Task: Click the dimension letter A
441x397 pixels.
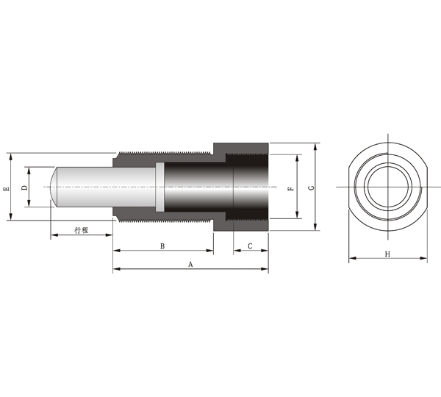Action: pos(190,265)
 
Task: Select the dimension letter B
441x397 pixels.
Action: pos(162,246)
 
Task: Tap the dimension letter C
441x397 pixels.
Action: pos(250,246)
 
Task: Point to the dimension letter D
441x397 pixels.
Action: pos(25,187)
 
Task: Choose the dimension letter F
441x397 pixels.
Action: pos(291,188)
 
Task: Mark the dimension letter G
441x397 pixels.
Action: pos(311,187)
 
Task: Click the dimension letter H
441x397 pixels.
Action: pos(387,254)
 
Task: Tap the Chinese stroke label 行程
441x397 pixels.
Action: pos(82,230)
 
